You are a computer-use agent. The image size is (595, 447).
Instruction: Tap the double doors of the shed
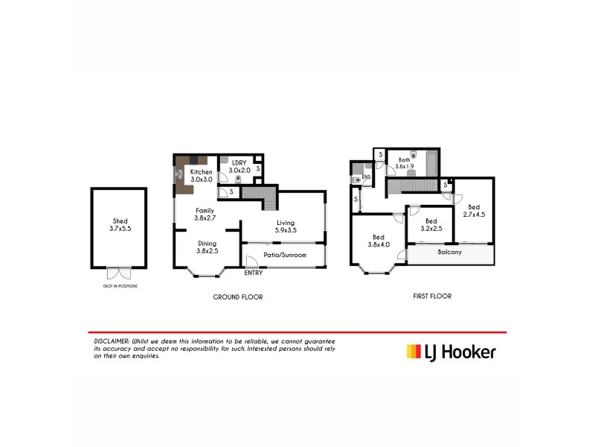tap(118, 273)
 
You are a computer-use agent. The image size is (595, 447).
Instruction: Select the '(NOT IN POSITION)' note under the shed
tap(118, 286)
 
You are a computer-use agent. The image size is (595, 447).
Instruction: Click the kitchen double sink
tap(179, 174)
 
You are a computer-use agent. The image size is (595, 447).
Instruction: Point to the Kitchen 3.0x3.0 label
tap(202, 176)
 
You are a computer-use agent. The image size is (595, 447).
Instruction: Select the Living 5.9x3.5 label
tap(286, 226)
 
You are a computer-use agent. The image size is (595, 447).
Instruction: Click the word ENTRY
tap(254, 273)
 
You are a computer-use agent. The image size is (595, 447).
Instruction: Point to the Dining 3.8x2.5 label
tap(208, 247)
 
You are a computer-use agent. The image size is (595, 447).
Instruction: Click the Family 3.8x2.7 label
tap(205, 215)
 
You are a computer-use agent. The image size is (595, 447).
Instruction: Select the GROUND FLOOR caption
tap(238, 297)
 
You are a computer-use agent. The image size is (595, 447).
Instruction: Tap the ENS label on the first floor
tap(366, 177)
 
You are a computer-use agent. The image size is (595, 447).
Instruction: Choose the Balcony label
tap(449, 252)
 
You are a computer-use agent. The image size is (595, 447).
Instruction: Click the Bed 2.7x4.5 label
tap(474, 210)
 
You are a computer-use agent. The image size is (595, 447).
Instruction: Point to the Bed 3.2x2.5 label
tap(431, 224)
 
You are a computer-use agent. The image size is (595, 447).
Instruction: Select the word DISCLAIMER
tap(109, 340)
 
